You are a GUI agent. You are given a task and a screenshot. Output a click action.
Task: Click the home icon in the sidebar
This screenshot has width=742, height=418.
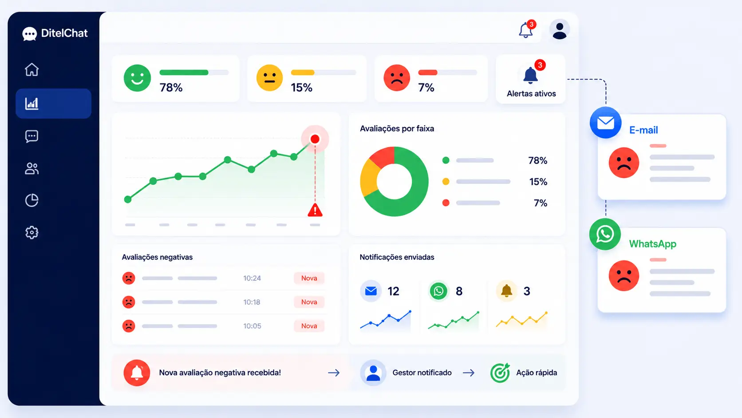point(32,70)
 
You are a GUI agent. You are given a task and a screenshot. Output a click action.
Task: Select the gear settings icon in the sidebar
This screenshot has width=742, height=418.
point(32,232)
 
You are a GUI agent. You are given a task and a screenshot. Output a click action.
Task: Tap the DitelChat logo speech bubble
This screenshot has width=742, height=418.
point(29,34)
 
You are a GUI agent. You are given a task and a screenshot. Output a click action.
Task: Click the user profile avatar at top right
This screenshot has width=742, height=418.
point(560,29)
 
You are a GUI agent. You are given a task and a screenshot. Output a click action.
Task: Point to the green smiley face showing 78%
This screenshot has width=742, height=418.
point(137,78)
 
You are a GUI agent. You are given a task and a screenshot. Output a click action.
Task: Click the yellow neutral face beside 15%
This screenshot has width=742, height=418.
point(270,78)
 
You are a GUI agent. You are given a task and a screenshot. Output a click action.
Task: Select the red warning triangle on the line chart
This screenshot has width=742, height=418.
point(315,210)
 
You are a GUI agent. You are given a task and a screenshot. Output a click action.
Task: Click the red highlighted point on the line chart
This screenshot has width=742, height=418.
point(315,139)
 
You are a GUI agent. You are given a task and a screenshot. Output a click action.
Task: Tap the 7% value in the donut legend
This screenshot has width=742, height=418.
point(540,203)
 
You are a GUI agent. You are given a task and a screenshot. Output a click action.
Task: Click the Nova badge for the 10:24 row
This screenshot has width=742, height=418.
point(309,278)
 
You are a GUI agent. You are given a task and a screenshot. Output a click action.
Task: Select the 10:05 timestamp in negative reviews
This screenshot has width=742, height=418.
point(252,326)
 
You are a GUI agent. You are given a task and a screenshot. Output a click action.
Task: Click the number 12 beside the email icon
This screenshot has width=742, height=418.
point(393,291)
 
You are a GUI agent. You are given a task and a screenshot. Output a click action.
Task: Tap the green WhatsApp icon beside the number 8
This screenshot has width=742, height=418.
point(438,291)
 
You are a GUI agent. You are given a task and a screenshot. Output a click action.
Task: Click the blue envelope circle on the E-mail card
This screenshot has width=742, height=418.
point(605,123)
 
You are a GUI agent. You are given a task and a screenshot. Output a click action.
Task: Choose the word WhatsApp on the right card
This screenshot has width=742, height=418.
point(652,244)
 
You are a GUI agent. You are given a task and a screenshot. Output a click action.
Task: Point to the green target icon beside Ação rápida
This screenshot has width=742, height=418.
point(500,373)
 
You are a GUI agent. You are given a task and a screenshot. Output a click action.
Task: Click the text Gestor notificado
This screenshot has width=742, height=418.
point(422,373)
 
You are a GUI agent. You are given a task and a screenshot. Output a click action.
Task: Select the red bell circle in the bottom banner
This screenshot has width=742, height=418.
point(137,373)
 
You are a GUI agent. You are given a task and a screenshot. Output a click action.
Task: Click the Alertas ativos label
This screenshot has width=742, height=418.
point(531,93)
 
